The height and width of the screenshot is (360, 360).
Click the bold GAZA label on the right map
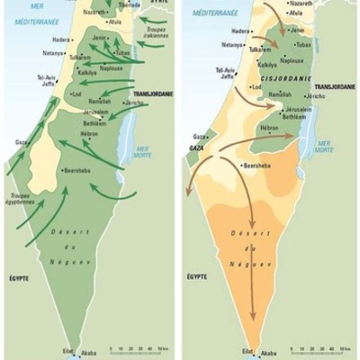[198, 145]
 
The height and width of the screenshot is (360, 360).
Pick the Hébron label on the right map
[269, 129]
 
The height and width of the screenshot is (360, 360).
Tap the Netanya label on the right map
[233, 44]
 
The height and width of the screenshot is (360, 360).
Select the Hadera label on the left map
[62, 40]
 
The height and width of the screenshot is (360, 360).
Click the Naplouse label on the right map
[292, 61]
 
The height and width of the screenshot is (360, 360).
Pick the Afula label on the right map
[296, 15]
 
